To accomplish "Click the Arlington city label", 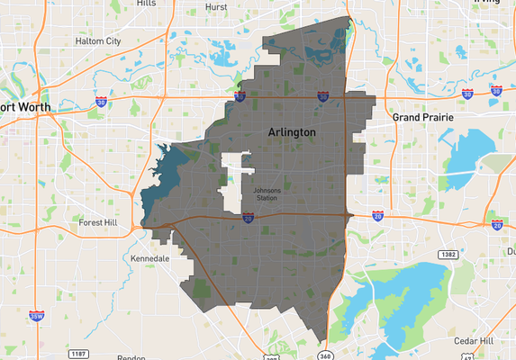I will (x=292, y=132).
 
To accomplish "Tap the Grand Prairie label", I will (x=421, y=117).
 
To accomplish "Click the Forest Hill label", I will (x=98, y=221).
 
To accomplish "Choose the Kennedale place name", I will (x=150, y=258).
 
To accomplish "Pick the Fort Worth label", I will (x=25, y=107).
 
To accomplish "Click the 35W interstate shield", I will (x=35, y=316).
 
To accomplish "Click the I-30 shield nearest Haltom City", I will (x=102, y=103).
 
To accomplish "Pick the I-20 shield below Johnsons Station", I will (x=247, y=217).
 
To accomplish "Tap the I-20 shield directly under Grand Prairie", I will (x=377, y=216).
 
